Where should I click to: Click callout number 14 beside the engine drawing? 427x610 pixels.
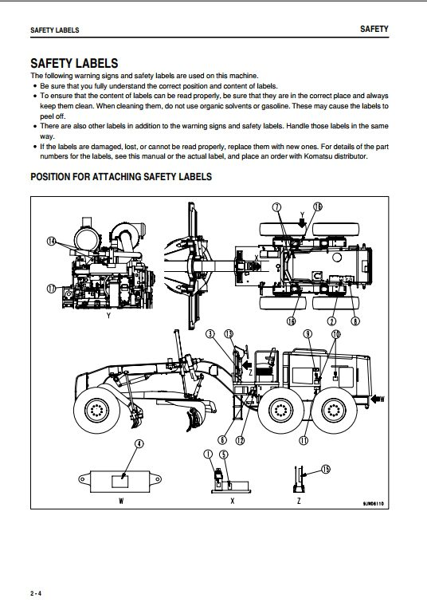tap(51, 241)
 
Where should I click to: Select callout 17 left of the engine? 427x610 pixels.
tap(51, 289)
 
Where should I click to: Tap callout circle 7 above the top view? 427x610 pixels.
tap(276, 207)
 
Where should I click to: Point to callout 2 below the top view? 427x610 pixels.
tap(331, 321)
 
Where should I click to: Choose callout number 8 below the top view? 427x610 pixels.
tap(355, 321)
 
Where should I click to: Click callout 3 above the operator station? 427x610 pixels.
tap(210, 334)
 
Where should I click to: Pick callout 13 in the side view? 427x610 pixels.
tap(229, 334)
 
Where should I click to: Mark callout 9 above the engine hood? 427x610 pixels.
tap(308, 334)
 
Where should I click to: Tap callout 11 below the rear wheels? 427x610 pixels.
tap(304, 440)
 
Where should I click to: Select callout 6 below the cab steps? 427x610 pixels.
tap(221, 440)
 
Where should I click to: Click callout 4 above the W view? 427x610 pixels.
tap(139, 444)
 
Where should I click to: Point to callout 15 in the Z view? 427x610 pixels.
tap(326, 469)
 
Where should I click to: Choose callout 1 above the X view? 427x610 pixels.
tap(208, 454)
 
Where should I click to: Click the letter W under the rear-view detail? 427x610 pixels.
tap(121, 501)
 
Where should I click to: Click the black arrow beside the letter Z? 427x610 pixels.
tap(247, 365)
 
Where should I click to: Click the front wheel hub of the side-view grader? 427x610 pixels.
tap(96, 410)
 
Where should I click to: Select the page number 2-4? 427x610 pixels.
tap(36, 594)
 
